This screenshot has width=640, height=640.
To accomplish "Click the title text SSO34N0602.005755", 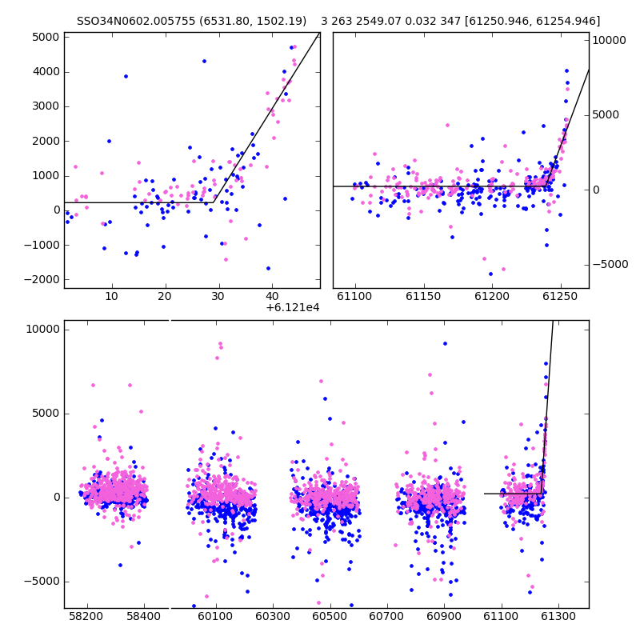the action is point(136,21).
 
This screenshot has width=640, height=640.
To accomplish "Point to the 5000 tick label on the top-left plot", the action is point(46,37).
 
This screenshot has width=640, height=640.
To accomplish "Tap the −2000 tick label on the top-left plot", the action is point(42,279).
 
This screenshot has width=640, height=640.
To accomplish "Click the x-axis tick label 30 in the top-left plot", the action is point(218,296).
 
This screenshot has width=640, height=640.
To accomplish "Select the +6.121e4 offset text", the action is point(293,308).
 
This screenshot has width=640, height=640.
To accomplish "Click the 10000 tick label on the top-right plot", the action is point(609,40).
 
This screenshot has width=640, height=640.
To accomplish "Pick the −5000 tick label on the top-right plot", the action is point(610,265).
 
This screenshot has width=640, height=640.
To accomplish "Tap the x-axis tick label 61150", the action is point(423,296).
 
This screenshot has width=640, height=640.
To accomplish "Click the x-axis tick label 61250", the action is point(560,296).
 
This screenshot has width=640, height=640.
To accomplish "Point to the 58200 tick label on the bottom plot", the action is point(86,616).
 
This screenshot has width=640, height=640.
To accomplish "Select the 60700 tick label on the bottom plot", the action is point(386,616).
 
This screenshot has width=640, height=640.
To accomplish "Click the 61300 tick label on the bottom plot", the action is point(558,616).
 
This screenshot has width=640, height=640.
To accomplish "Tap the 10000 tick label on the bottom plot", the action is point(43,330).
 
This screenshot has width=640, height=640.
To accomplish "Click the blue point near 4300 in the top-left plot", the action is point(205,62).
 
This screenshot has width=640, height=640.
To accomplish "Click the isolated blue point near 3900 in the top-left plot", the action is point(126,76).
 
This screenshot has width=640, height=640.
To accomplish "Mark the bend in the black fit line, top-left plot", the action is point(214,202).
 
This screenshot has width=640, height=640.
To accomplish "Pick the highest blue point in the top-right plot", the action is point(566,71).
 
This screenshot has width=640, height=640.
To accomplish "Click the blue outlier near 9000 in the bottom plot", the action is point(446,344).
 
